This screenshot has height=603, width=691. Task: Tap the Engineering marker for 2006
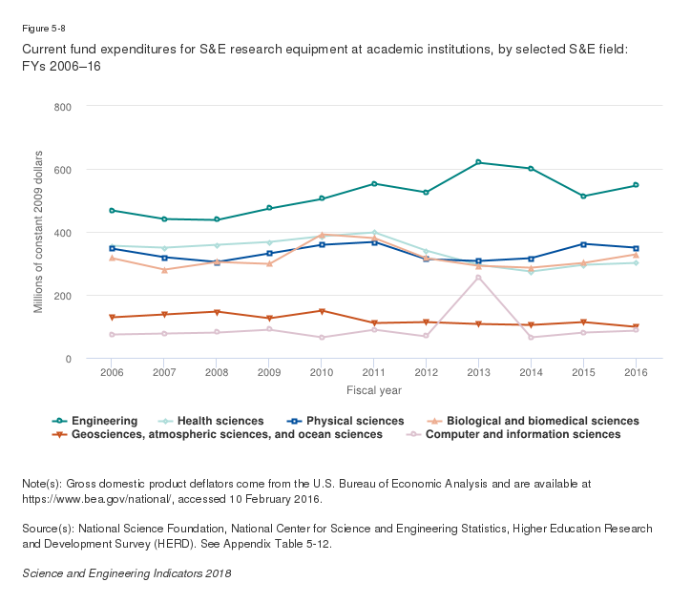(112, 210)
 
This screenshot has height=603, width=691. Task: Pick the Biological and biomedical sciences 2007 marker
(164, 270)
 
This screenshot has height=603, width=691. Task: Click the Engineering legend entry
(96, 421)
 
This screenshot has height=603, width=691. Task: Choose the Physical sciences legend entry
(339, 421)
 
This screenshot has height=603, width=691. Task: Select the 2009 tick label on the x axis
(268, 373)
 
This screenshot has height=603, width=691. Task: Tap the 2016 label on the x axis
(636, 373)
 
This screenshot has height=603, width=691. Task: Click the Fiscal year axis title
(373, 390)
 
